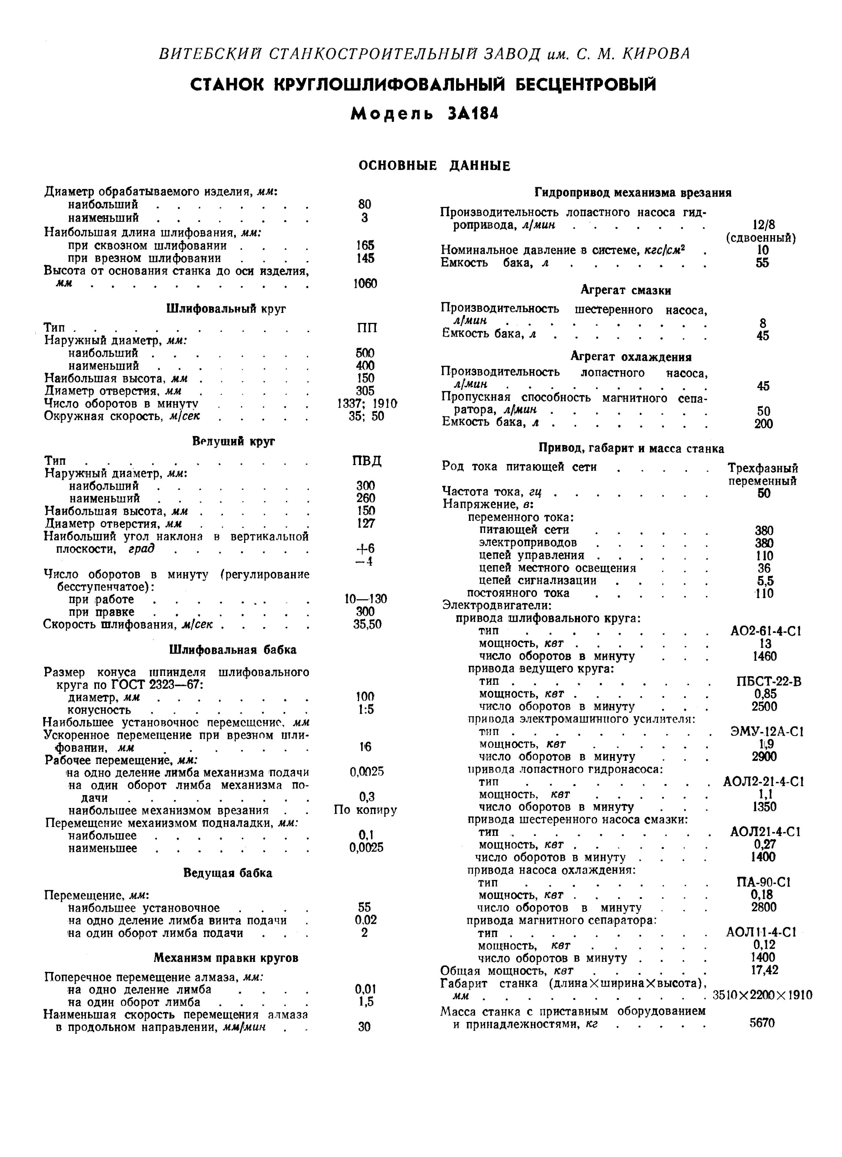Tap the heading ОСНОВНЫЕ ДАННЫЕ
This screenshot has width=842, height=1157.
434,166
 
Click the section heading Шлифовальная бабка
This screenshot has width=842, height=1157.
233,650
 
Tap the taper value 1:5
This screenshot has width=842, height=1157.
366,710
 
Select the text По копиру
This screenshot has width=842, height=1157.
366,810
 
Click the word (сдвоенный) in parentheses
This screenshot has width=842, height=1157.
761,238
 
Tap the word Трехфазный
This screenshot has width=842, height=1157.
763,468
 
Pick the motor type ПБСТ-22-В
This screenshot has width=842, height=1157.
765,682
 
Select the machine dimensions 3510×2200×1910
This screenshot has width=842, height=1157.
763,995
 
